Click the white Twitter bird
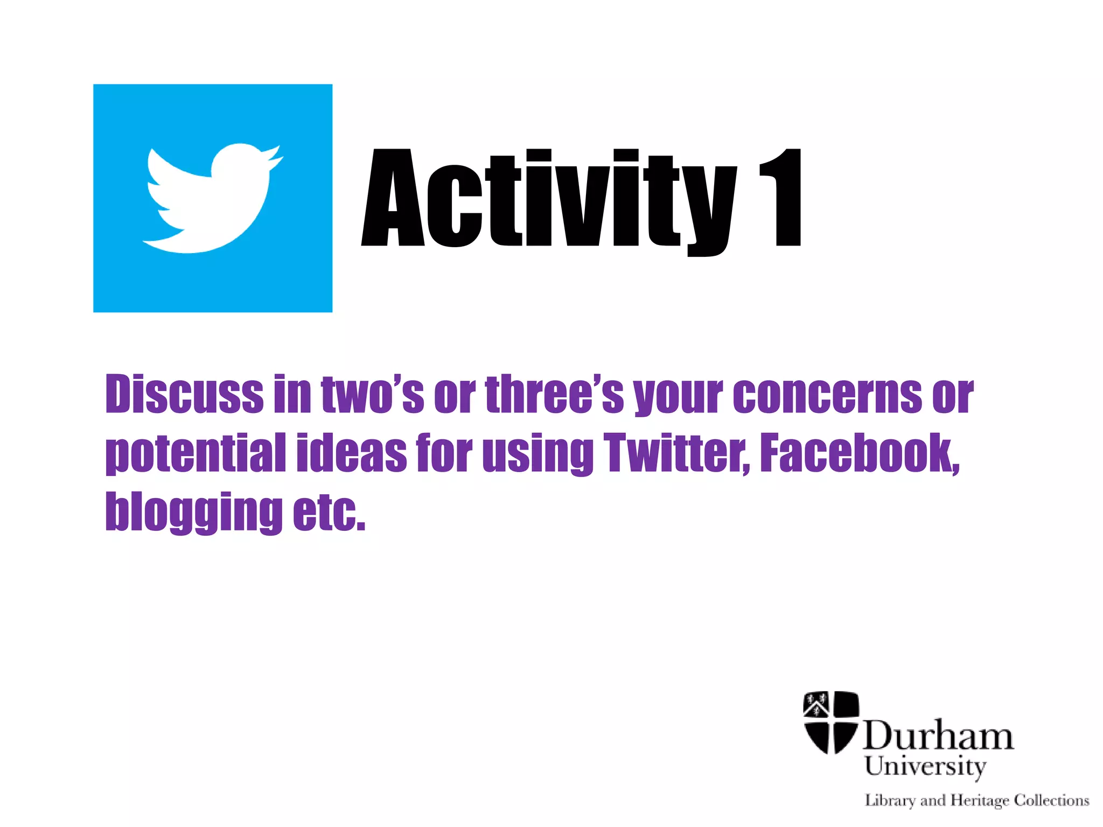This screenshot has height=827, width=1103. (210, 199)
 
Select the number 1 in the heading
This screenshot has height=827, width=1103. (781, 198)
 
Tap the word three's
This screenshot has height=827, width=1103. (554, 395)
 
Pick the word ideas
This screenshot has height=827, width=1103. (351, 453)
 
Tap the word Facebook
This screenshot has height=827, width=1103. (859, 453)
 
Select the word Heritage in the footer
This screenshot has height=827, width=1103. (980, 801)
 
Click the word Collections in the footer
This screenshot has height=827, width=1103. (1051, 801)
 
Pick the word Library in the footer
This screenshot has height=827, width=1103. (890, 801)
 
